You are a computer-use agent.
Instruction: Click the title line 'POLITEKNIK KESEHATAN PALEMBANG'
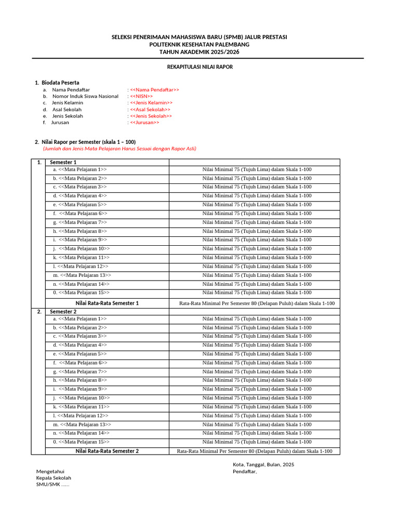tap(199, 45)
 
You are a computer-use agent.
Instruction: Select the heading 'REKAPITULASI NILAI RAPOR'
tap(199, 67)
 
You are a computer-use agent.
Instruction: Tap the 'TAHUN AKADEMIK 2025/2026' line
tap(199, 52)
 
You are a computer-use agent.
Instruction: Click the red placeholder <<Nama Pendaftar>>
tap(154, 90)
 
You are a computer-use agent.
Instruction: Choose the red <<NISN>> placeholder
tap(141, 96)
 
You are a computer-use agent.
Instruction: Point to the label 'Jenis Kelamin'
tap(67, 103)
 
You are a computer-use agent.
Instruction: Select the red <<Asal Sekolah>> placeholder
tap(150, 110)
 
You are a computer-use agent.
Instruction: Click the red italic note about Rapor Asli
tap(119, 149)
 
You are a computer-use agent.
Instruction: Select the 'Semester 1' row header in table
tap(63, 163)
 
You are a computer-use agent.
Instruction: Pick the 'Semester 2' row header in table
tap(63, 312)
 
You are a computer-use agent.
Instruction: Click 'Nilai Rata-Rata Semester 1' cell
tap(107, 303)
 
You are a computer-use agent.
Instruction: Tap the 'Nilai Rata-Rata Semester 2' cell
tap(107, 451)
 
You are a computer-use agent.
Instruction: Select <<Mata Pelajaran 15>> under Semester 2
tap(83, 442)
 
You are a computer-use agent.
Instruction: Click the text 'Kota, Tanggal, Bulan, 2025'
tap(263, 464)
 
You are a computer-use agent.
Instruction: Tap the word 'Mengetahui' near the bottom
tap(50, 471)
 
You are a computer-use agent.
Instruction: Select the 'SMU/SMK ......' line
tap(52, 485)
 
